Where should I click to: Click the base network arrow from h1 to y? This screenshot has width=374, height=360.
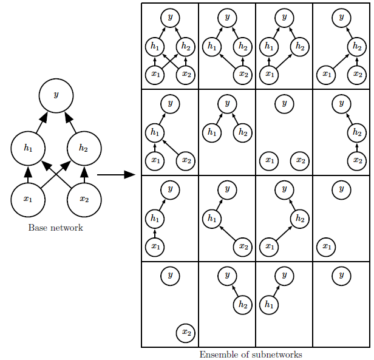(x=42, y=123)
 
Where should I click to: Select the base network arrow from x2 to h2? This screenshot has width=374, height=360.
(x=84, y=175)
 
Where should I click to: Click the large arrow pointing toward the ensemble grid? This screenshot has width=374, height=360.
(x=117, y=175)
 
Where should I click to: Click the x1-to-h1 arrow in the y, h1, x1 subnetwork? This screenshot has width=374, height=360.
(x=155, y=233)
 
